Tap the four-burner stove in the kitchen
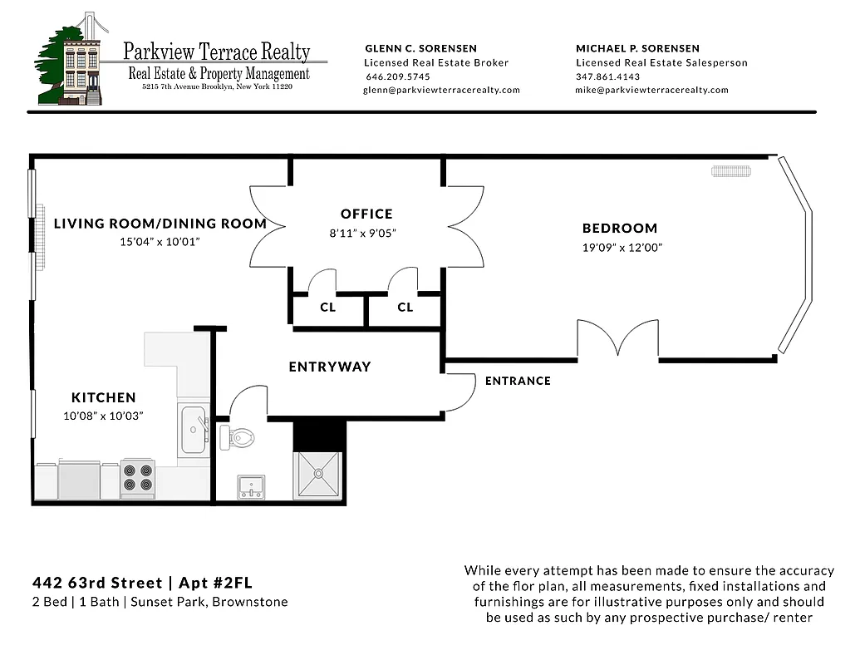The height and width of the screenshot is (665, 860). (x=137, y=479)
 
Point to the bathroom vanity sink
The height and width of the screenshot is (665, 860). (x=251, y=486)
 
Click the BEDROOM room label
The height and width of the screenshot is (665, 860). (x=619, y=228)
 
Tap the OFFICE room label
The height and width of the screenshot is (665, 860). (x=366, y=214)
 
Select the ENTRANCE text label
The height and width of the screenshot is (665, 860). (x=518, y=381)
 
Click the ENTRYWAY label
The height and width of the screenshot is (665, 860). (x=330, y=367)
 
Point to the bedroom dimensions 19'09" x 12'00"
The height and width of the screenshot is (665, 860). (x=622, y=248)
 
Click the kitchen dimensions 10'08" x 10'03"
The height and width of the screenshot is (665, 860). (x=103, y=416)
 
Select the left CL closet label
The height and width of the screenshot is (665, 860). (x=327, y=307)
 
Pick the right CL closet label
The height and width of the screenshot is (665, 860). (x=405, y=307)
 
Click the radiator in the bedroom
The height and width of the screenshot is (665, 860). (x=731, y=171)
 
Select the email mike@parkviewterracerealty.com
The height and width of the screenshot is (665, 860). (x=651, y=90)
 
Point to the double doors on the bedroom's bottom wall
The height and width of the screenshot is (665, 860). (x=618, y=341)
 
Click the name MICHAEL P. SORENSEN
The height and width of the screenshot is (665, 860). (x=637, y=48)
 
